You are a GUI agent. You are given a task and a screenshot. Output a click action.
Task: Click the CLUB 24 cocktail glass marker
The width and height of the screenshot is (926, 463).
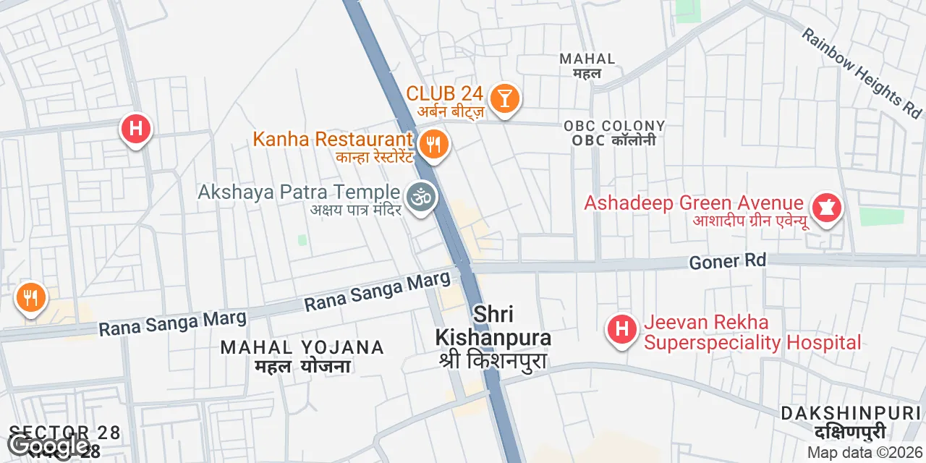coord(504,97)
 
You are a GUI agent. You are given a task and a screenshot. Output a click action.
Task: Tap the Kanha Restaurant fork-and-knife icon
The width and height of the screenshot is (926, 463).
coord(433,143)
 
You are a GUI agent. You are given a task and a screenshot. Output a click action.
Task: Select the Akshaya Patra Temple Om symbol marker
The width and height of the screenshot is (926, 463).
coord(420,197)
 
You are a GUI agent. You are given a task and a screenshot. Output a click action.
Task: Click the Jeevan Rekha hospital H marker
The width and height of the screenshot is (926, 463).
coord(621,330)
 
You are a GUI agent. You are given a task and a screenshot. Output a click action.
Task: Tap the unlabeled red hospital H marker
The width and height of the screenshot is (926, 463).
coord(135,129)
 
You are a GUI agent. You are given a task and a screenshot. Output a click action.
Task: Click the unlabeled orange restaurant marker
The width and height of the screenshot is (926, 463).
coord(30,297)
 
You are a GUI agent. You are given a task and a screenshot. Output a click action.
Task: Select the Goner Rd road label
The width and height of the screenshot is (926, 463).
coord(728,261)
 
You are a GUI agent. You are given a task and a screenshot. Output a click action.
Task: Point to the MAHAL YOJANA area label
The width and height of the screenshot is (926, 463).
coord(302,348)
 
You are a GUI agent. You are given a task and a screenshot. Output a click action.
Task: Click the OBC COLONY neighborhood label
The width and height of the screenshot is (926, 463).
coord(614,127)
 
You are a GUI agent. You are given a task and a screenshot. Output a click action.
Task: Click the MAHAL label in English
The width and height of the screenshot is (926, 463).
coord(587,59)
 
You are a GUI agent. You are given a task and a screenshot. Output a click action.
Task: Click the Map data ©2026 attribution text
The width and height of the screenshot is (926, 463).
coord(865,453)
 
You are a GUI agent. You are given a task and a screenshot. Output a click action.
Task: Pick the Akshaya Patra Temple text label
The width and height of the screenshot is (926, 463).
coord(299,192)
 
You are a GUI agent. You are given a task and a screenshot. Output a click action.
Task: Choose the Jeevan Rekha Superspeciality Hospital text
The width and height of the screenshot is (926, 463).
coord(752,332)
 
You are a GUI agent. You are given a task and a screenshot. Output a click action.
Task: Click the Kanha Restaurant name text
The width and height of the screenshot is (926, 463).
coord(332,139)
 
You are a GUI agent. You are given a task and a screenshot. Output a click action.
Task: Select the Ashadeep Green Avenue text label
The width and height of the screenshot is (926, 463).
coord(694,204)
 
